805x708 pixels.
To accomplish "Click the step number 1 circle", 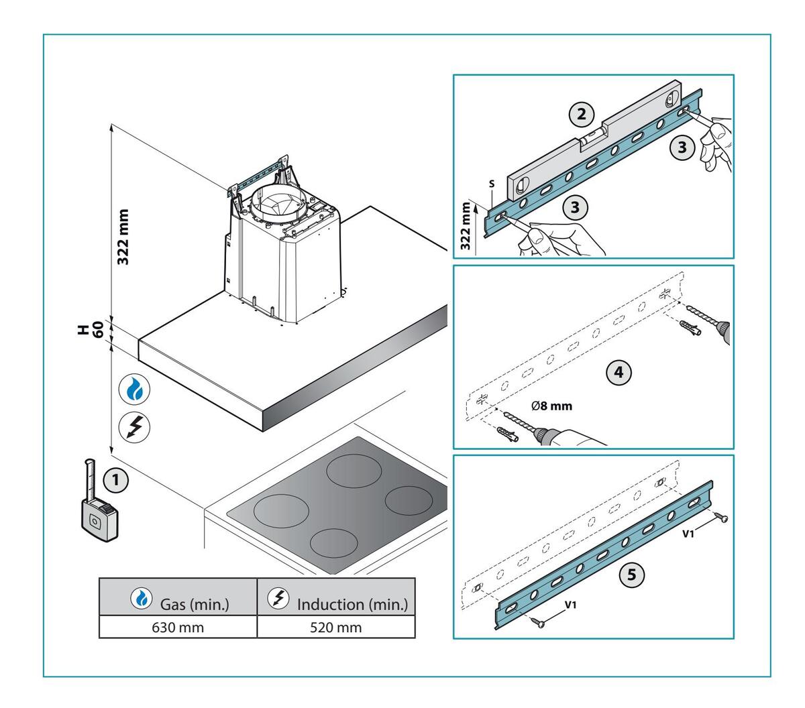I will (x=117, y=480).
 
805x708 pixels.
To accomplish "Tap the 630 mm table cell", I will (x=178, y=628).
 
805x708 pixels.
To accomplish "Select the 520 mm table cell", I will (x=336, y=628).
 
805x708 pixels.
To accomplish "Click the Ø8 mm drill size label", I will (x=551, y=406).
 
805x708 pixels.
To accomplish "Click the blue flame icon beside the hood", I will (x=134, y=391).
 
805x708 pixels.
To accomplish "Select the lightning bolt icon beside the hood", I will (x=134, y=426).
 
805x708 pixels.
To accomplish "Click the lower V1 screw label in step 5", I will (x=570, y=604).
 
